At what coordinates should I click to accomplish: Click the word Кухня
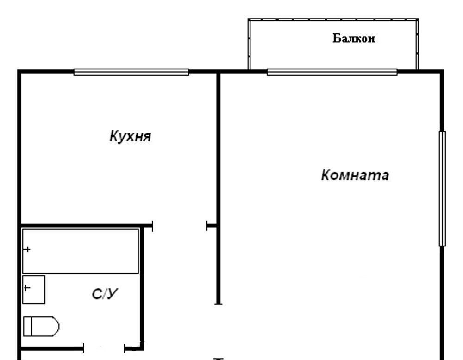click(x=130, y=137)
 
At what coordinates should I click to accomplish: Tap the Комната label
click(x=355, y=175)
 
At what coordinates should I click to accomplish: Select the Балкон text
click(x=354, y=38)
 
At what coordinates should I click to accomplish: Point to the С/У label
click(x=105, y=294)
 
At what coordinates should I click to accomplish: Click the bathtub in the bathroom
click(x=81, y=251)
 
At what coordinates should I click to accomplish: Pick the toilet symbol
click(x=41, y=327)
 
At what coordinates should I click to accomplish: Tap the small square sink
click(x=34, y=290)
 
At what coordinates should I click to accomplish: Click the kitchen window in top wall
click(x=131, y=72)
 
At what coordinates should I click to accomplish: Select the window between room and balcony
click(x=332, y=72)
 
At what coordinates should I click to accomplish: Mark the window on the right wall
click(x=442, y=189)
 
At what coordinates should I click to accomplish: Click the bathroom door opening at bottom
click(x=104, y=348)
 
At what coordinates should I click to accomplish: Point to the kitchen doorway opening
click(x=180, y=227)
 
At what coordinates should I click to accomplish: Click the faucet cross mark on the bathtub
click(x=27, y=250)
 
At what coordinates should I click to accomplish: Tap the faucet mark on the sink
click(x=27, y=288)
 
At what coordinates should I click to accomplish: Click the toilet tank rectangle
click(x=27, y=327)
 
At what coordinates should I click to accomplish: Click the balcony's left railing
click(x=249, y=44)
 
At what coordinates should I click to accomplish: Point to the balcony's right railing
click(x=417, y=44)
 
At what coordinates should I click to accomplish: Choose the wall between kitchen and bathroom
click(x=86, y=226)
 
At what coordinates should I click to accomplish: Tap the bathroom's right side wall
click(x=142, y=287)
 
